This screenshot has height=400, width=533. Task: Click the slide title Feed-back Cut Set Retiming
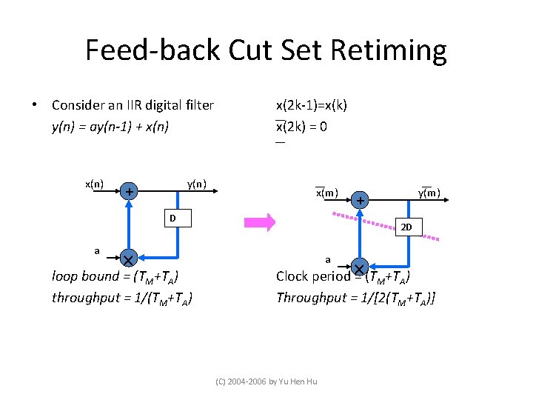tap(266, 50)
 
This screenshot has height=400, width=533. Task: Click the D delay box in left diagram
tap(172, 218)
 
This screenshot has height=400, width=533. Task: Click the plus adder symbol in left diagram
tap(130, 193)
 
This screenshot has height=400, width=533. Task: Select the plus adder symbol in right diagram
tap(360, 201)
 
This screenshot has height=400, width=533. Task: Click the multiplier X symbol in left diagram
tap(128, 259)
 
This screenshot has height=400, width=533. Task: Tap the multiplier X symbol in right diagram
tap(359, 267)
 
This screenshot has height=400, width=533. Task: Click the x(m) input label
tap(326, 193)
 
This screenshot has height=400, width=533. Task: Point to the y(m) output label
tap(429, 193)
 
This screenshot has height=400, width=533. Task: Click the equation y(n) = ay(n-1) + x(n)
tap(110, 127)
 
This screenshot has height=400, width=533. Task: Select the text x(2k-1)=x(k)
tap(311, 104)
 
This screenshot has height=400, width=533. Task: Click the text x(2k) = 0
tap(301, 126)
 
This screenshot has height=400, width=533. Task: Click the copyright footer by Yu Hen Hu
tap(266, 381)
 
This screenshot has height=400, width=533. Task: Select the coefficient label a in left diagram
tap(97, 250)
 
